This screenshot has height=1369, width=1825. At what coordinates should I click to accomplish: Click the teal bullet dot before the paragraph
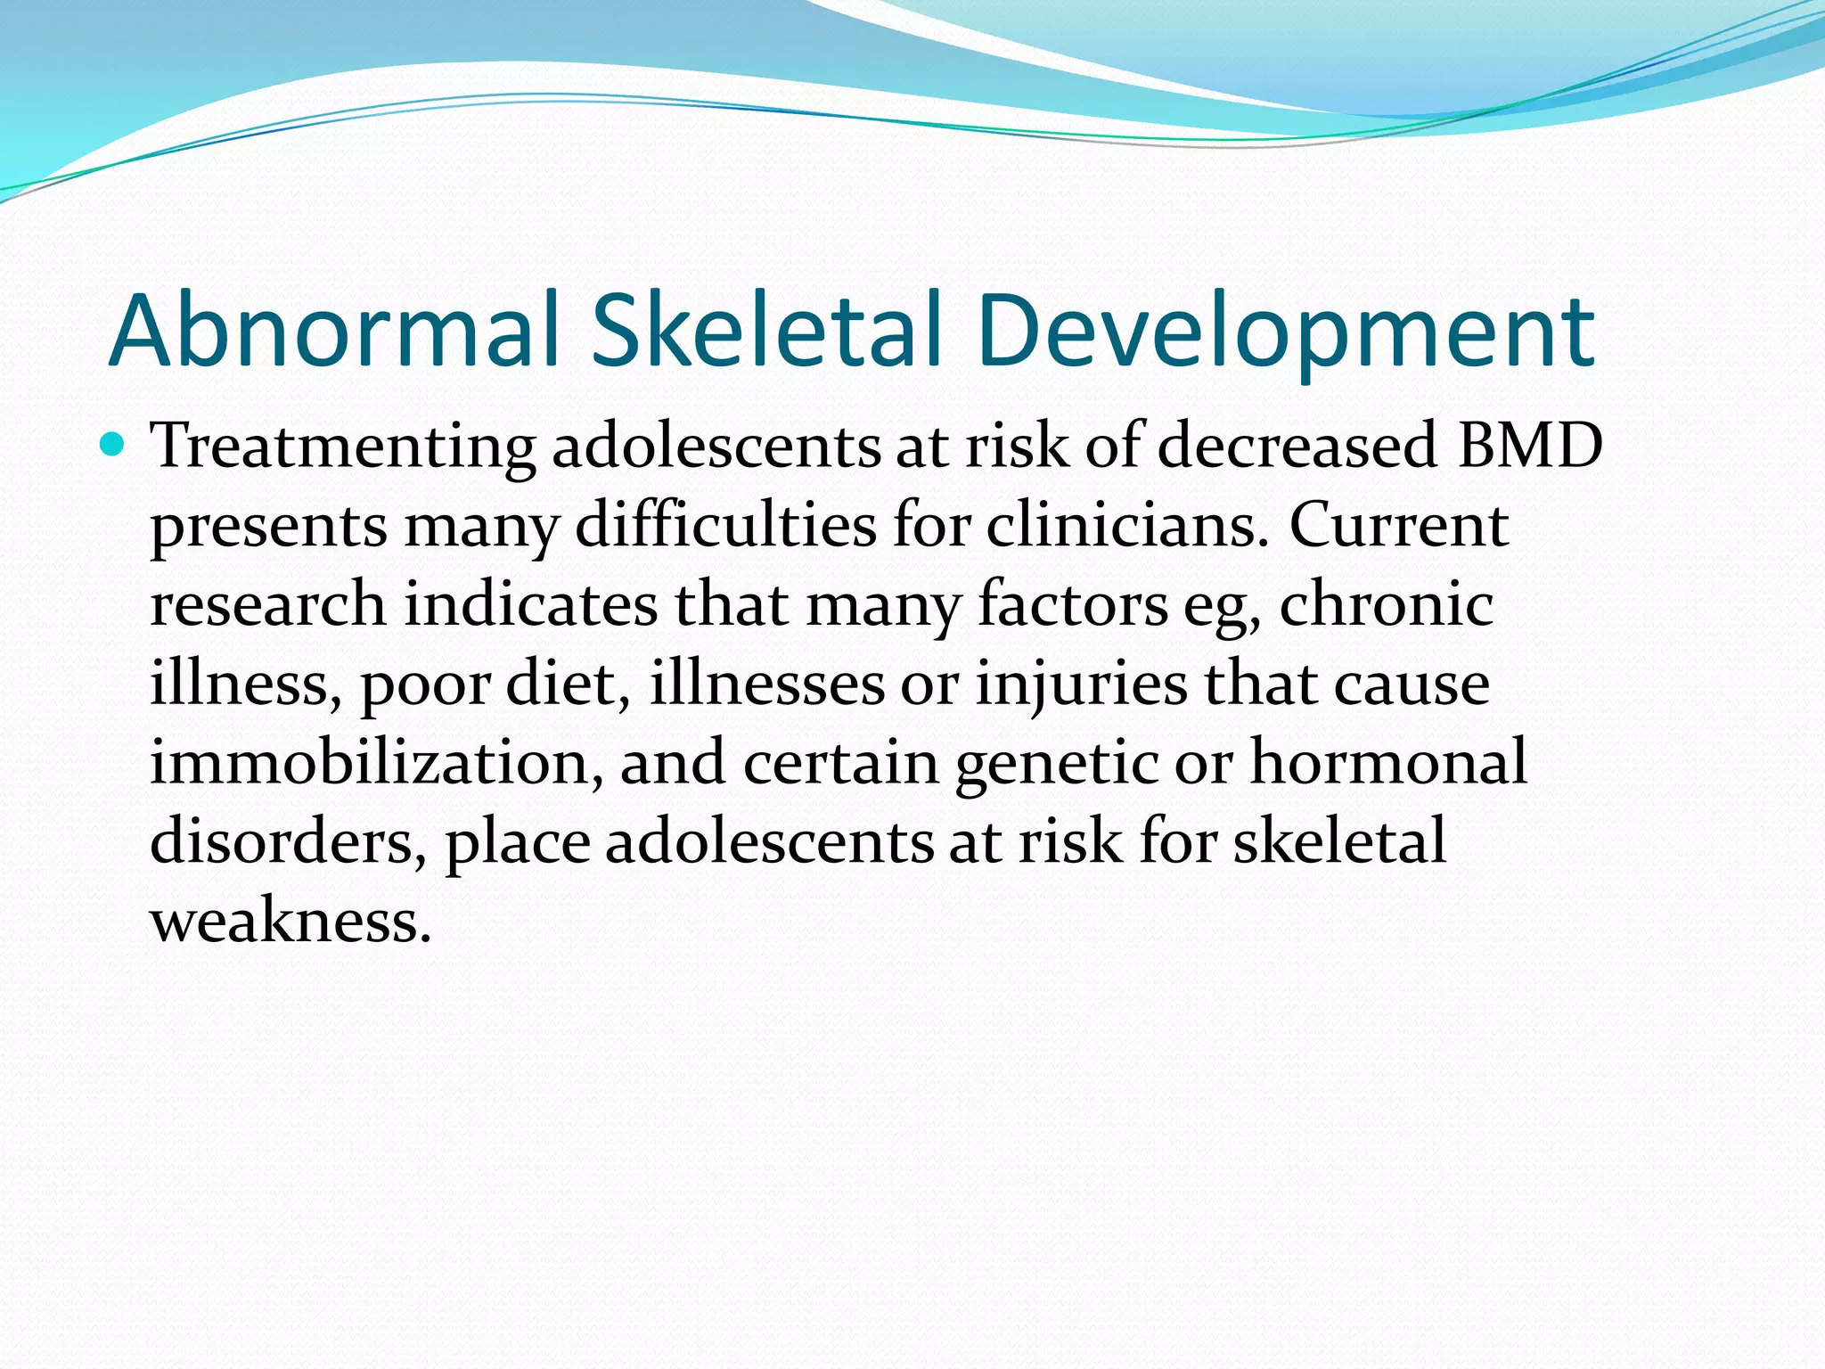[x=112, y=443]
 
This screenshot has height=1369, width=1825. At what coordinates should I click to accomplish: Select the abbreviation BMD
[x=1529, y=445]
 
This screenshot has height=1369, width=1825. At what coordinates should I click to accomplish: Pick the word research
[x=268, y=603]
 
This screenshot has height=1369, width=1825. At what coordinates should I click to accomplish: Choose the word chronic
[x=1387, y=603]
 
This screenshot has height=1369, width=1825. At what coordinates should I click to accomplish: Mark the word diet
[x=568, y=684]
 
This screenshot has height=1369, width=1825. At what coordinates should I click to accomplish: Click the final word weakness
[x=291, y=921]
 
